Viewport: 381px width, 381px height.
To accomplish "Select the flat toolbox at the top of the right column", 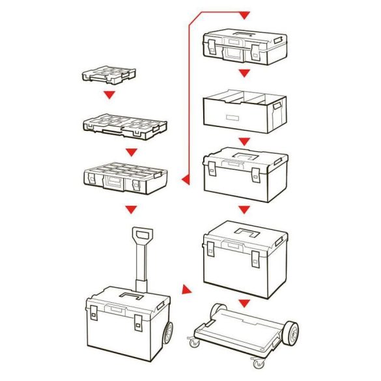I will [x=244, y=47].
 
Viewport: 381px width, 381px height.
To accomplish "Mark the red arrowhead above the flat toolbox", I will [x=244, y=14].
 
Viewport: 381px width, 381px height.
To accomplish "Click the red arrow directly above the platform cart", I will [x=244, y=303].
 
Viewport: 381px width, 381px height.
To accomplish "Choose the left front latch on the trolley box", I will [x=93, y=317].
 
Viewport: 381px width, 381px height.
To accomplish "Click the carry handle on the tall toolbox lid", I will [x=246, y=231].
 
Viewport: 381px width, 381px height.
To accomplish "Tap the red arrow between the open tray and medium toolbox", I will [x=244, y=141].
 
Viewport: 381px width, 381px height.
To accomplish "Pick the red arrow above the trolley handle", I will [x=131, y=209].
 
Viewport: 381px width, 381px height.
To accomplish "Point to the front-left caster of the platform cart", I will [x=193, y=341].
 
